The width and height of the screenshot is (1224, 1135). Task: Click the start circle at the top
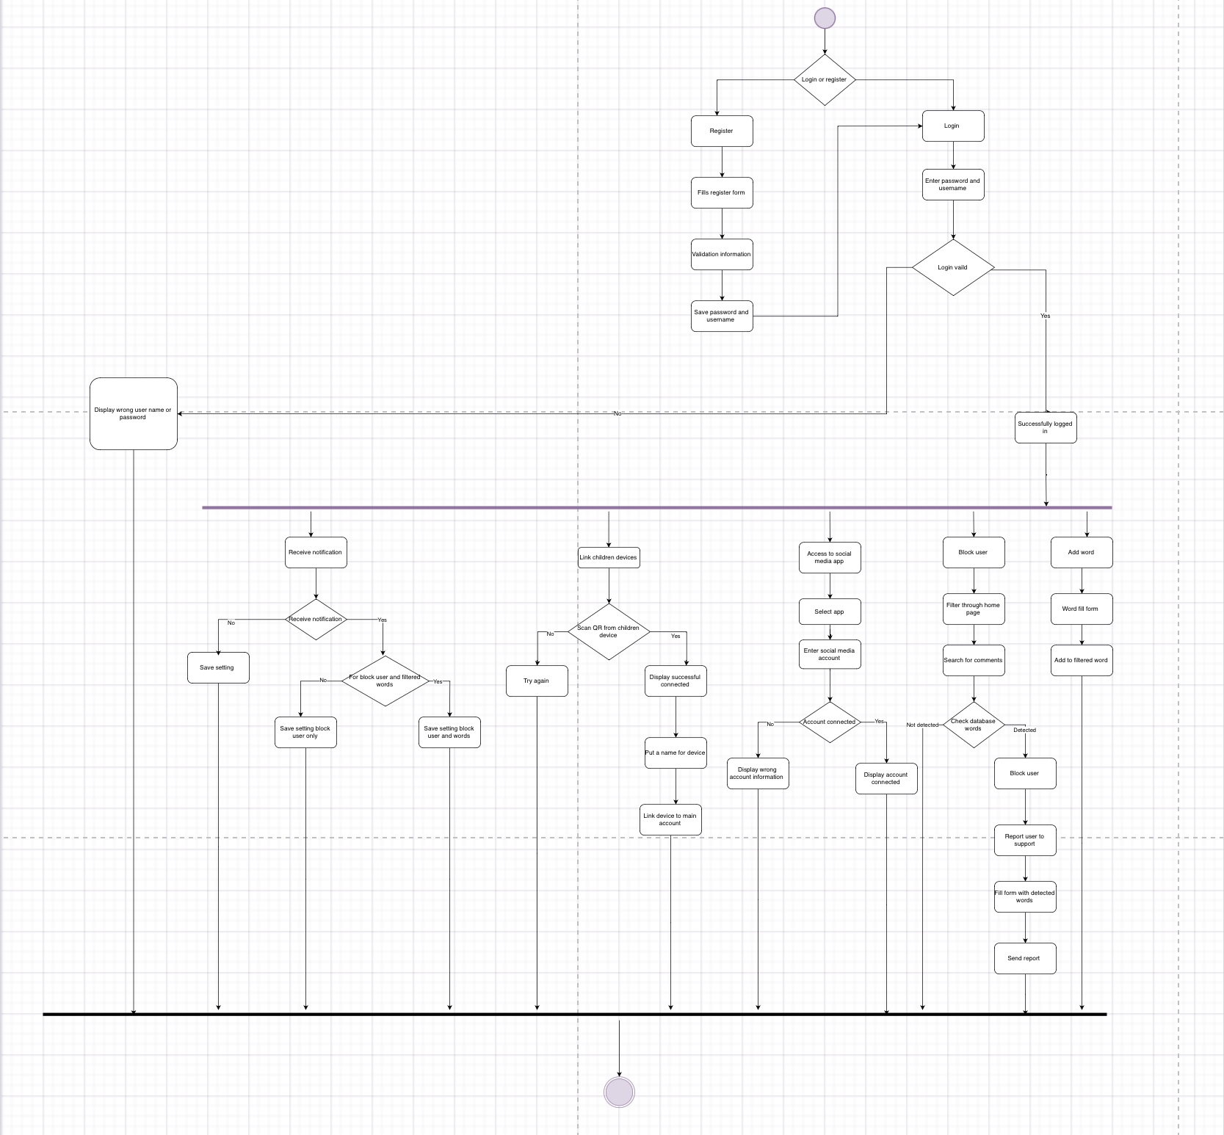pyautogui.click(x=825, y=18)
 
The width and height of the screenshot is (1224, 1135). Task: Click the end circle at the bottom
pyautogui.click(x=619, y=1092)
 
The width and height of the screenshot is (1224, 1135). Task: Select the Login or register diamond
pyautogui.click(x=825, y=79)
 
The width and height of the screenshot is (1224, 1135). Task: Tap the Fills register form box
pyautogui.click(x=722, y=192)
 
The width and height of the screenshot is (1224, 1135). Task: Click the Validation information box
pyautogui.click(x=722, y=254)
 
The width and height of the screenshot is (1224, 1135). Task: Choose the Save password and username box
pyautogui.click(x=722, y=316)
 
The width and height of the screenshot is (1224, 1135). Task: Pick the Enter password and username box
pyautogui.click(x=953, y=184)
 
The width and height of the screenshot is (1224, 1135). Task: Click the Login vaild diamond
pyautogui.click(x=953, y=267)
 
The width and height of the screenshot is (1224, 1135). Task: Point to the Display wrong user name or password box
pyautogui.click(x=134, y=413)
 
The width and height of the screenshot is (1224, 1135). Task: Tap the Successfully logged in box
pyautogui.click(x=1046, y=427)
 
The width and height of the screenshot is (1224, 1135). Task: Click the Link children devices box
pyautogui.click(x=609, y=557)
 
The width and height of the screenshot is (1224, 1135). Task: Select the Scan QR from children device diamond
pyautogui.click(x=609, y=631)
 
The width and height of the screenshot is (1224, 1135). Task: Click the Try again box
pyautogui.click(x=537, y=681)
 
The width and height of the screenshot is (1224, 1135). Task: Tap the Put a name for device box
pyautogui.click(x=676, y=753)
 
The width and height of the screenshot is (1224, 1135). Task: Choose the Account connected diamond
pyautogui.click(x=830, y=722)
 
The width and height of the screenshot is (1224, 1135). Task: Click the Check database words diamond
pyautogui.click(x=974, y=725)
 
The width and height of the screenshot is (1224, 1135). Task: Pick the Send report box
pyautogui.click(x=1025, y=958)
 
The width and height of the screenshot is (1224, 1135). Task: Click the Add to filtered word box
pyautogui.click(x=1082, y=660)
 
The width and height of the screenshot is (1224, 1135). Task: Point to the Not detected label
pyautogui.click(x=922, y=725)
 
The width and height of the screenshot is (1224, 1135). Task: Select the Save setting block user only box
pyautogui.click(x=305, y=732)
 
